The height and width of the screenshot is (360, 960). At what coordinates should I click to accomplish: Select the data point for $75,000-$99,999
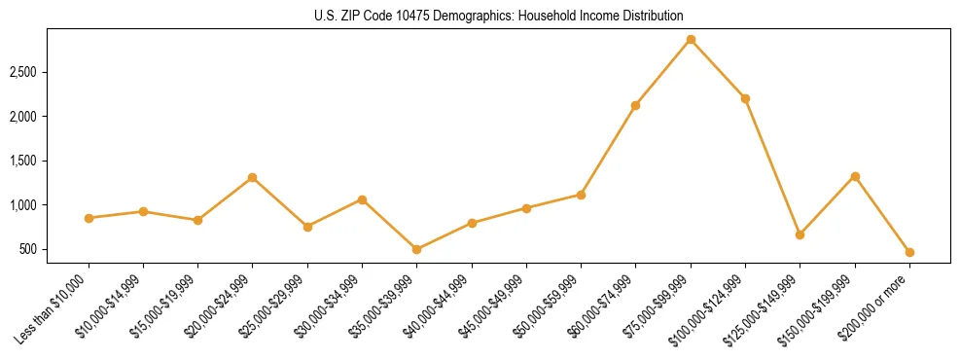691,39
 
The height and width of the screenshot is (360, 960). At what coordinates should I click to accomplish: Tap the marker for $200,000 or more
909,252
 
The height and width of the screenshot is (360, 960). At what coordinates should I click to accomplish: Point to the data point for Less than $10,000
89,218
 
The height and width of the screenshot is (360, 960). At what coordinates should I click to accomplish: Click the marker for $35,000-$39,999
417,249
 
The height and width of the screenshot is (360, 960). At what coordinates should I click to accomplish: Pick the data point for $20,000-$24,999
253,177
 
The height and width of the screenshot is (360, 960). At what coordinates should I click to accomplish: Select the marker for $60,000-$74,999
636,105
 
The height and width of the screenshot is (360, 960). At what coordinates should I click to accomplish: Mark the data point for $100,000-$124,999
745,98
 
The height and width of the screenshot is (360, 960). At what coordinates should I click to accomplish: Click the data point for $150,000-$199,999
855,176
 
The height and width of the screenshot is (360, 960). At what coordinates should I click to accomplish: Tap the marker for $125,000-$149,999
800,234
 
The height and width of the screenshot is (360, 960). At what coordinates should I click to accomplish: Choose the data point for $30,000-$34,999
362,199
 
